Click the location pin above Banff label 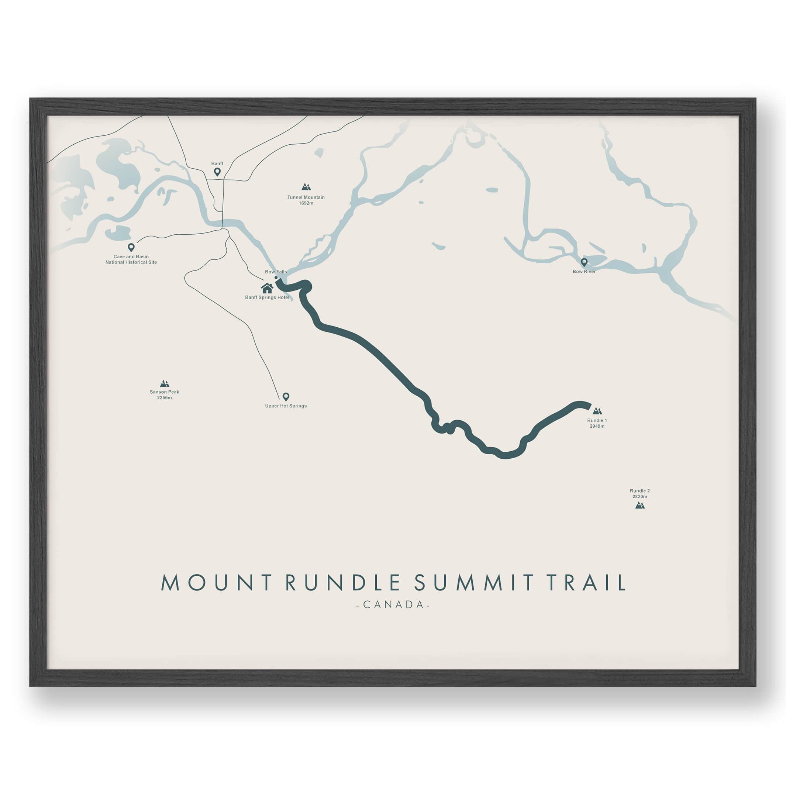coord(217,172)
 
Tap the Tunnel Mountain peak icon coord(306,187)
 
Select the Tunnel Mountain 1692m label coord(306,200)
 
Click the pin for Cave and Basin coord(131,247)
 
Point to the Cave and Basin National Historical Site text coord(131,259)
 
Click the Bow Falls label coord(276,272)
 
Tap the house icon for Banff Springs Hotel coord(267,288)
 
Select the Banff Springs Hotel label coord(267,297)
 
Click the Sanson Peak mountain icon coord(164,383)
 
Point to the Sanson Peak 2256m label coord(164,394)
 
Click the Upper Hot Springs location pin coord(286,396)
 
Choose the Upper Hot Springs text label coord(286,406)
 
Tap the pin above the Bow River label coord(584,262)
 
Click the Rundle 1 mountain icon coord(597,411)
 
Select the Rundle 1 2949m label coord(597,423)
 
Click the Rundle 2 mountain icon coord(640,505)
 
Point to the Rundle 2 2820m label coord(640,493)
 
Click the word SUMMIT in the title coord(473,583)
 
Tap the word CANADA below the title coord(393,604)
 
